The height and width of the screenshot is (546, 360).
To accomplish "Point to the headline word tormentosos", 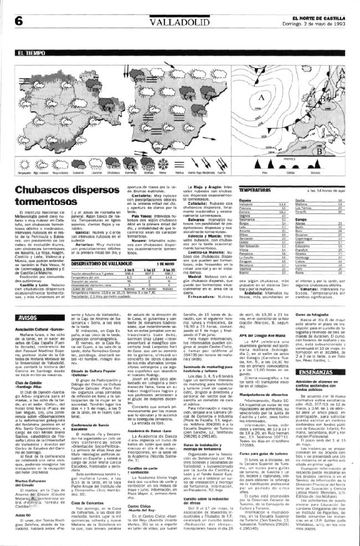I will click(44, 202).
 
